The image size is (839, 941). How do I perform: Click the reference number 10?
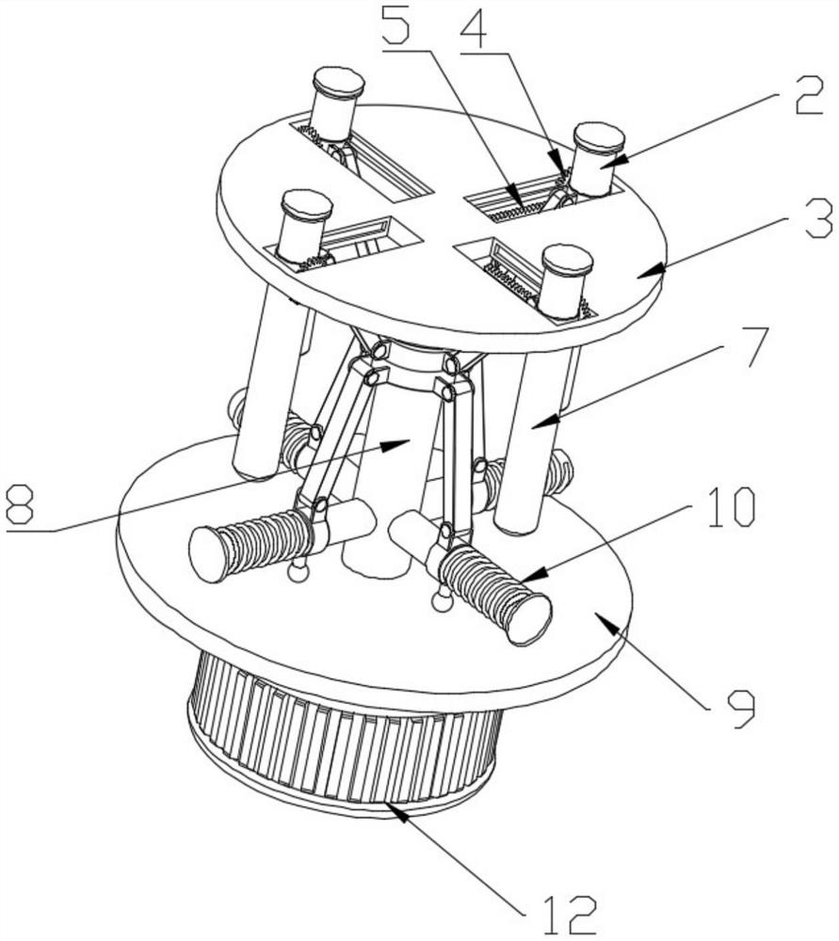point(729,507)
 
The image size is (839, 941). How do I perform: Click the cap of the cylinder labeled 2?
point(599,136)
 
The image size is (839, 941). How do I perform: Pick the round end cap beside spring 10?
point(528,619)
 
